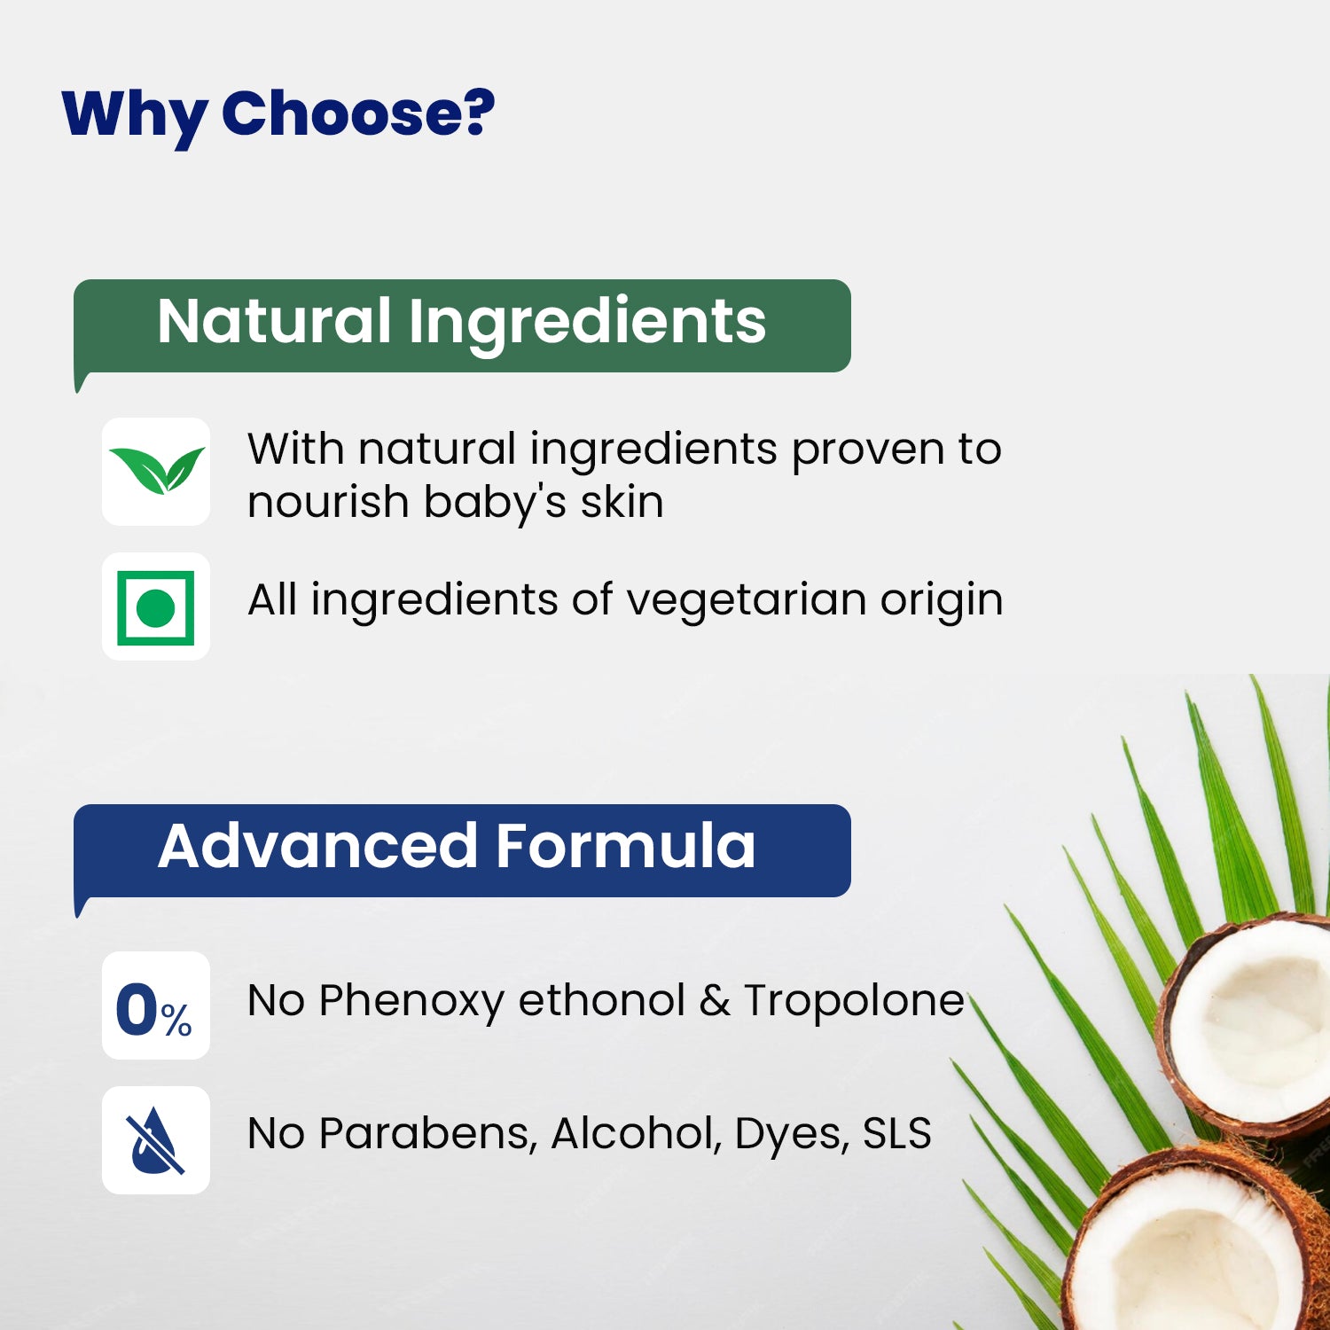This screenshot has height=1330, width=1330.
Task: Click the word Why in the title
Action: (135, 116)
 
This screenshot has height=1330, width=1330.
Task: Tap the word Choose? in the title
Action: (358, 113)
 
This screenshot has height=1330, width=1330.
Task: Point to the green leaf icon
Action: (156, 471)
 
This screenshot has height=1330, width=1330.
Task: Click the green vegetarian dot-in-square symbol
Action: (156, 607)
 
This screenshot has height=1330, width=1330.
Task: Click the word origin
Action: (941, 600)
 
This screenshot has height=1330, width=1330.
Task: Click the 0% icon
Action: (154, 1010)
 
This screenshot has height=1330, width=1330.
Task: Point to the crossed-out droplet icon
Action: (156, 1140)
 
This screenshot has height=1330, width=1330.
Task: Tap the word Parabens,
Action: (427, 1134)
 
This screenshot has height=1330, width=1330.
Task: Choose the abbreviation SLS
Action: (896, 1133)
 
